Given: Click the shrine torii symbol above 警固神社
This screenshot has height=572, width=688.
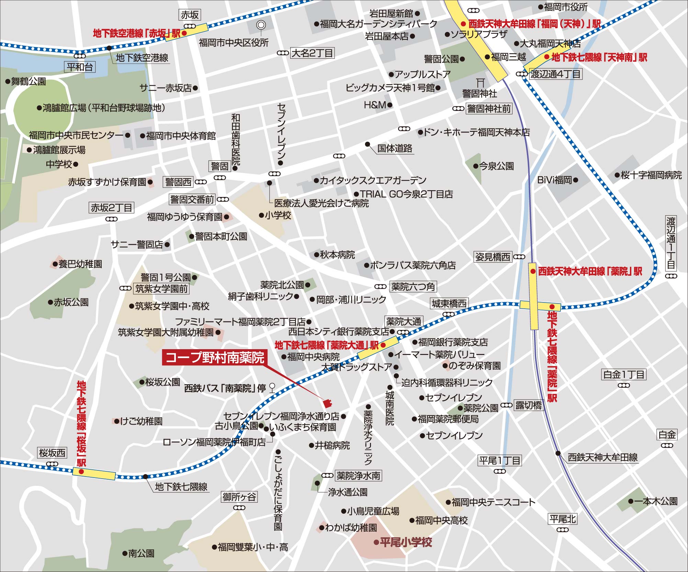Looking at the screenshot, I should coord(480,82).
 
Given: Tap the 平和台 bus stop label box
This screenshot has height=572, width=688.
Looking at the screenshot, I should coord(80,67).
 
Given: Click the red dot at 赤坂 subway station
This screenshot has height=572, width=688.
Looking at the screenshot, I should coord(184,33).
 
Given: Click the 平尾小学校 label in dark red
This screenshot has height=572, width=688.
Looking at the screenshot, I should coord(406,542).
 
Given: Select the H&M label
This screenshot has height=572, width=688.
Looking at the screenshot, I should coord(375,105).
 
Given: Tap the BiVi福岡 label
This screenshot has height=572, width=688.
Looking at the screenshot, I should coord(555,180).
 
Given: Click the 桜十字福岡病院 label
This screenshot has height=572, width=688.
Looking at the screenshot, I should coord(651,175).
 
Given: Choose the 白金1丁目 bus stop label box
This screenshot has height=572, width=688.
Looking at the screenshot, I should coord(624,374).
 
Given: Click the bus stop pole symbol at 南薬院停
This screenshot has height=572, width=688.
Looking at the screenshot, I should coord(272,388).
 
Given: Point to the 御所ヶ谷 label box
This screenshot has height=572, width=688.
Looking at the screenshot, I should coord(239,497).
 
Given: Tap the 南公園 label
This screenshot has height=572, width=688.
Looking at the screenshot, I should coord(141,553).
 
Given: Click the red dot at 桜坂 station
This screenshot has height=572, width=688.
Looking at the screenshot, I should coord(81,471).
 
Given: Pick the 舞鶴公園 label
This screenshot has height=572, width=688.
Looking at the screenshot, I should coord(29,82).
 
